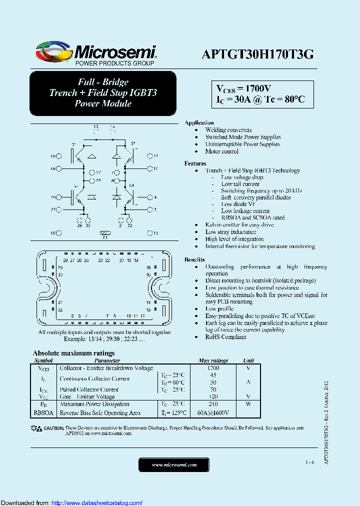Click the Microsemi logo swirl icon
click(x=54, y=51)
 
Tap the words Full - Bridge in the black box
click(x=103, y=82)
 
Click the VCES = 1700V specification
click(x=243, y=88)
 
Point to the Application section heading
click(x=199, y=122)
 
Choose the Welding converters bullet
click(x=228, y=130)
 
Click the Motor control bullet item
click(x=221, y=151)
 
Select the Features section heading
click(x=195, y=163)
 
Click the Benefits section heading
click(x=194, y=259)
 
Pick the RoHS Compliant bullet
click(x=225, y=337)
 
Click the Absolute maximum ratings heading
click(x=73, y=353)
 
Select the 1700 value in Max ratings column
click(x=213, y=368)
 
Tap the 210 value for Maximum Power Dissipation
click(x=213, y=404)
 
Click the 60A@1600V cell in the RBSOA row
click(x=213, y=413)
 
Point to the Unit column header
click(x=248, y=360)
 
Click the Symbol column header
click(x=43, y=360)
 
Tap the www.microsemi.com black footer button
click(x=174, y=465)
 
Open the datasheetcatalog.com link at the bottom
click(x=97, y=502)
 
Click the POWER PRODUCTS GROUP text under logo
click(x=114, y=63)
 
